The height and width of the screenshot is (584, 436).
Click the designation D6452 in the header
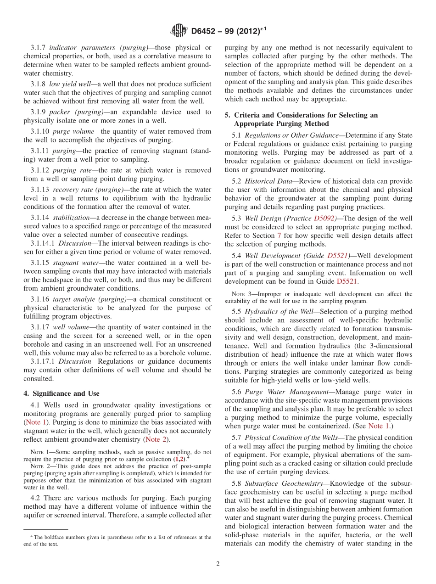tap(206, 31)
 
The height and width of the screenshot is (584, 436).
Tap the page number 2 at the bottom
tap(218, 563)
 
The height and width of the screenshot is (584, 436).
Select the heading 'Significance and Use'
tap(65, 393)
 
